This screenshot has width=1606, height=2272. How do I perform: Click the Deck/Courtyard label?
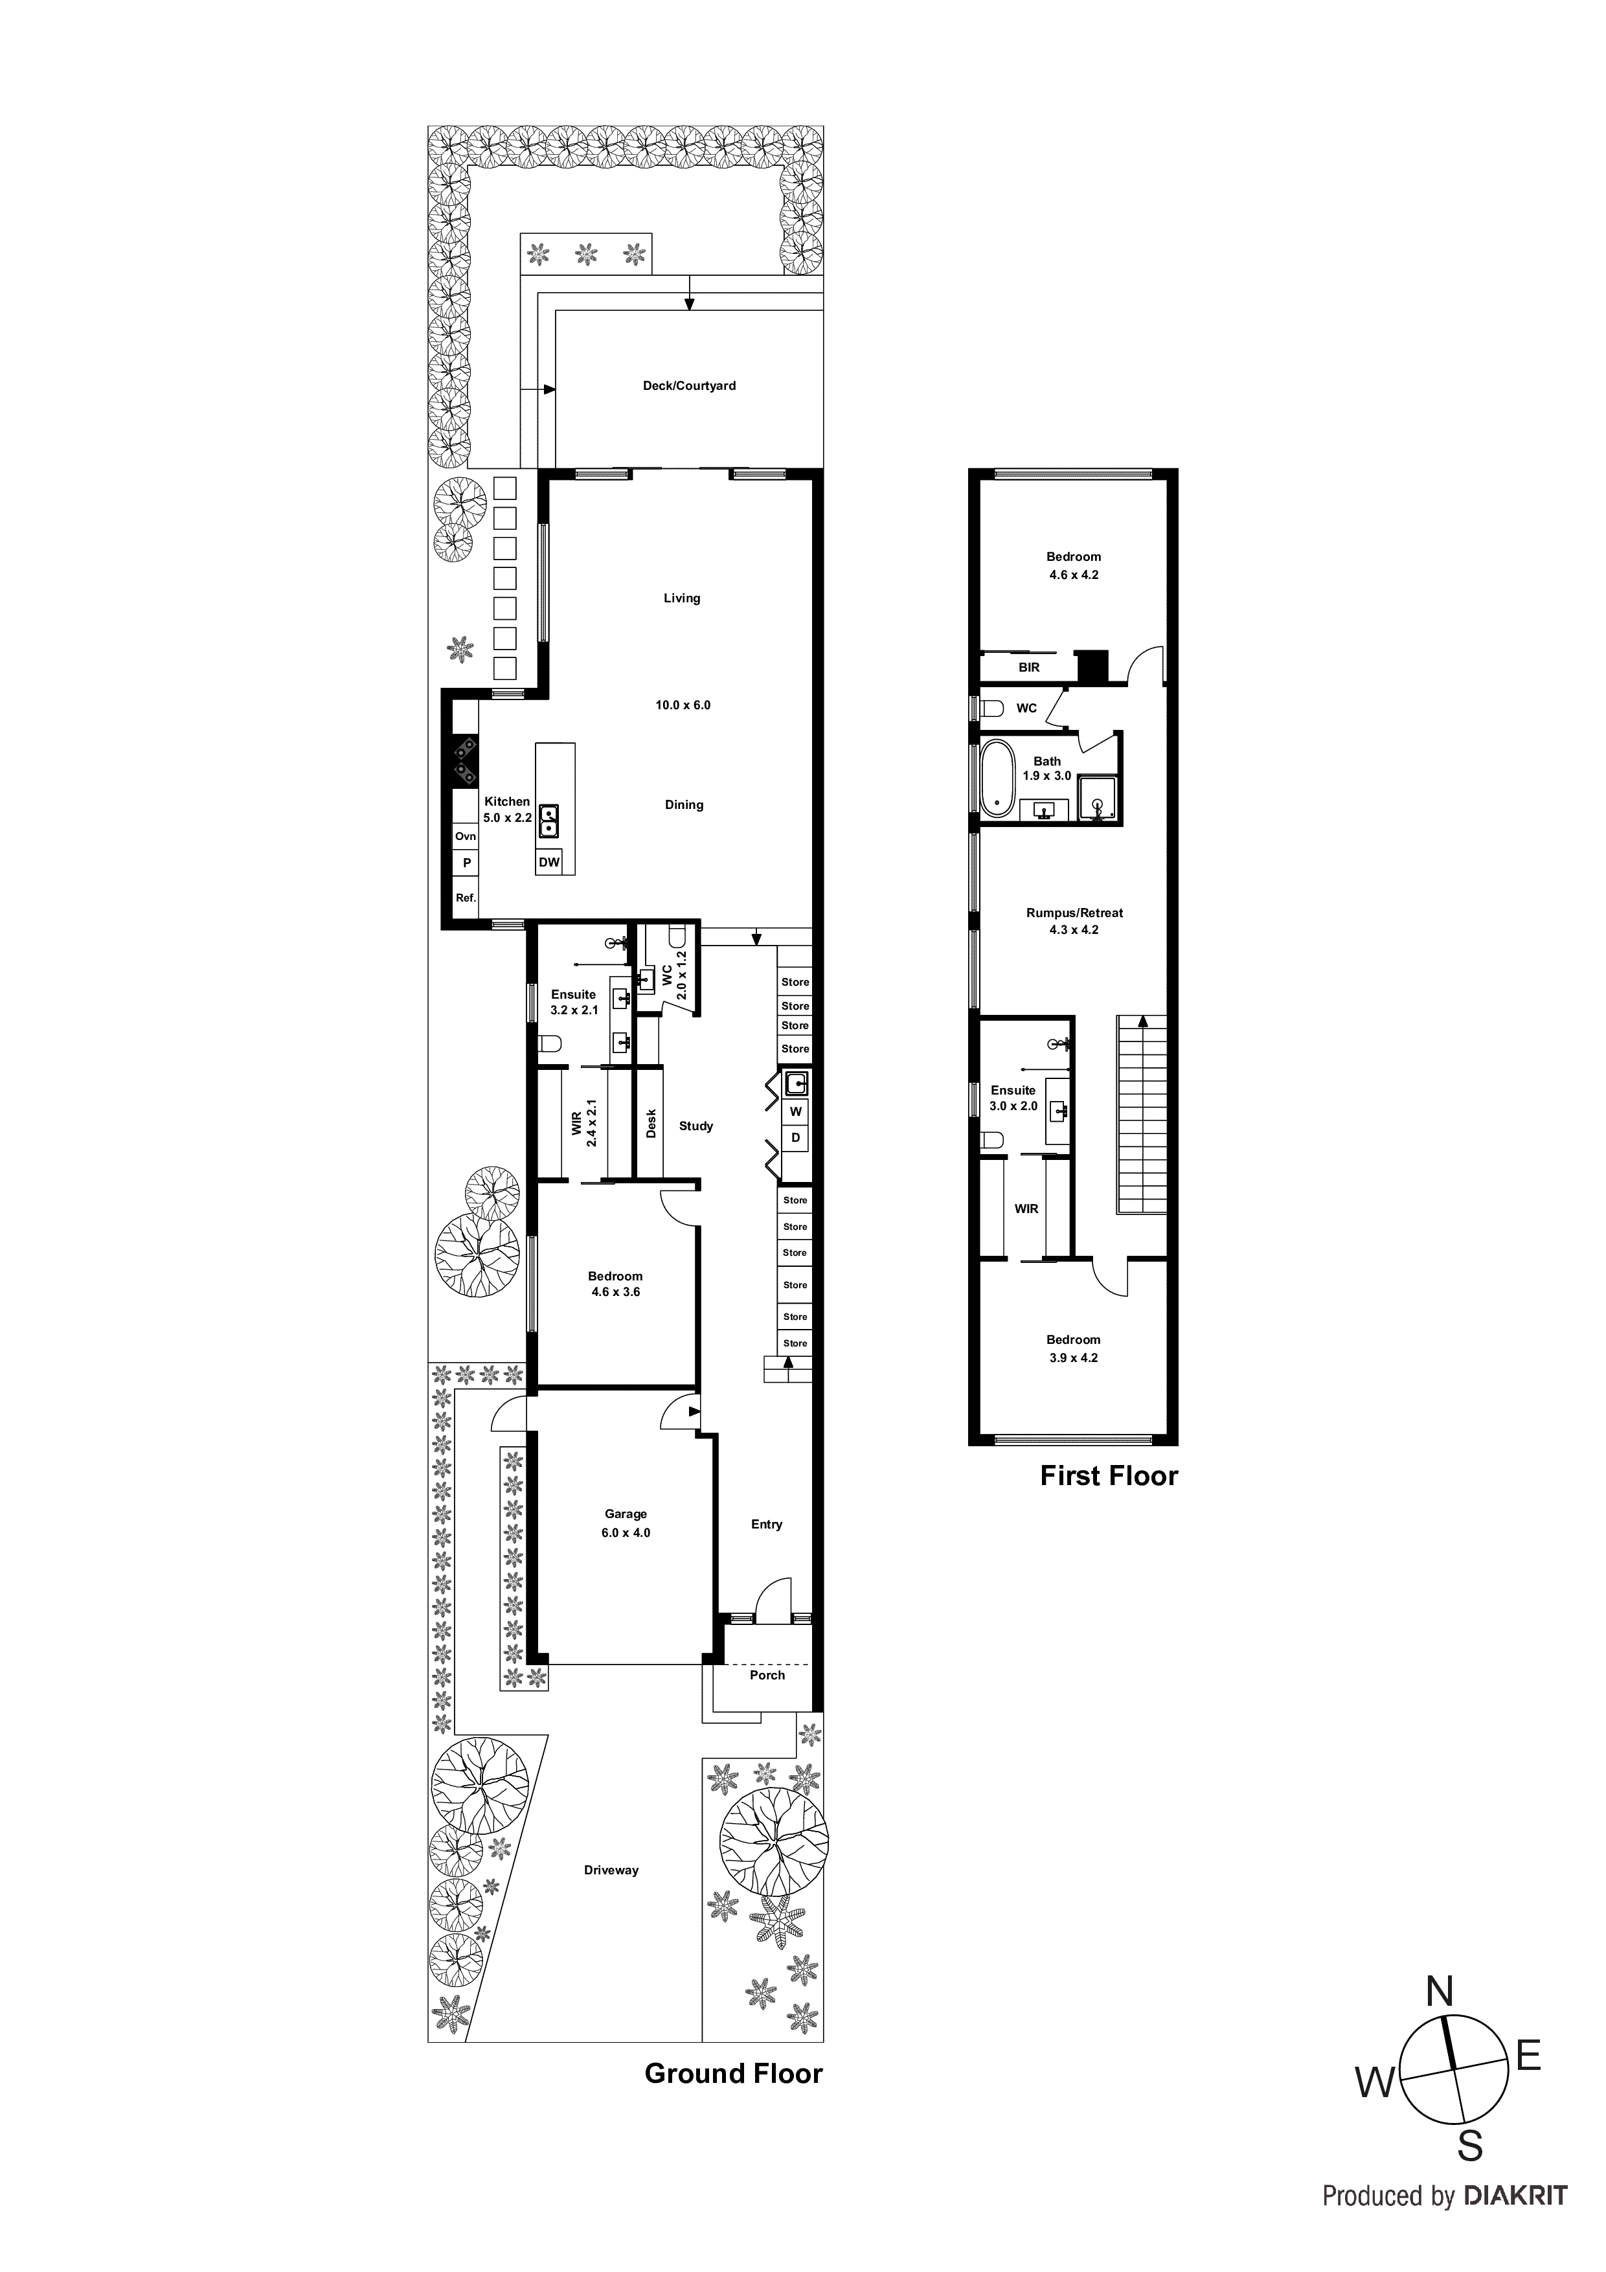689,386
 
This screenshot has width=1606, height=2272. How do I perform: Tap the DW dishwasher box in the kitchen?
549,862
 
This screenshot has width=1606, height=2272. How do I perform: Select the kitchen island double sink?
549,819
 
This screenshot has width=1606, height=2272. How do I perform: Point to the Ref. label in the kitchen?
465,898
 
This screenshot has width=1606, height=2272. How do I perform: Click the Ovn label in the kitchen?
465,836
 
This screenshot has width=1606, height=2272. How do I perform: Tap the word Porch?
767,1676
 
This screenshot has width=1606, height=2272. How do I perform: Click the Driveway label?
611,1870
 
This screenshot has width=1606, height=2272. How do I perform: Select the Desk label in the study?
651,1123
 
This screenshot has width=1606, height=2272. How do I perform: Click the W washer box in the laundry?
796,1111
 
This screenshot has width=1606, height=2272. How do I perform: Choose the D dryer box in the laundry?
796,1138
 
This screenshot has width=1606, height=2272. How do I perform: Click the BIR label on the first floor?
1029,668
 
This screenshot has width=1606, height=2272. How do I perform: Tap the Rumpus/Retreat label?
1074,913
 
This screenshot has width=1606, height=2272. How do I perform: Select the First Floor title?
1108,1477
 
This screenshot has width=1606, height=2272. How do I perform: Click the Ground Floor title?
733,2074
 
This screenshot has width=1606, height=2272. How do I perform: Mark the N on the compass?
1439,1993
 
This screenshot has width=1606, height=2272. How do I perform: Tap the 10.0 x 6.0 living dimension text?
683,705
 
